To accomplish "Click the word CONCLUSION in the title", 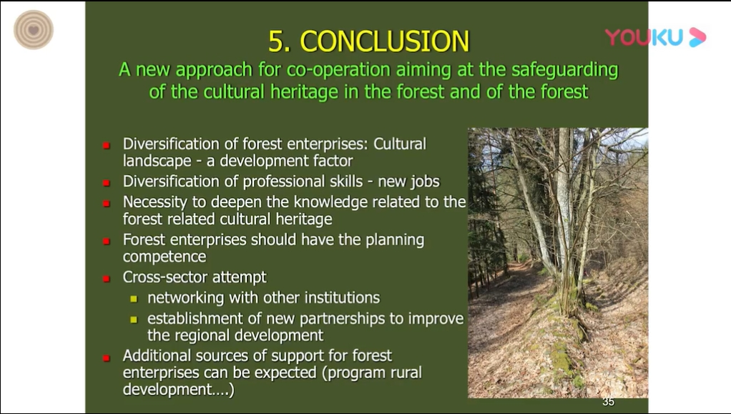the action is click(x=385, y=41).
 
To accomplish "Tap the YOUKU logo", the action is click(x=655, y=37).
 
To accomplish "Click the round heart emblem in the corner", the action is click(x=34, y=30).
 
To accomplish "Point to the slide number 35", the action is click(x=609, y=402).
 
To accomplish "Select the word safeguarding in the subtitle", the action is click(x=564, y=70).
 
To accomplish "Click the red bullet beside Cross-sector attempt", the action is click(x=107, y=279).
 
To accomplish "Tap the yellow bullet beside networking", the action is click(x=134, y=299).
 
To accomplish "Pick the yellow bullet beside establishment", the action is click(x=134, y=320).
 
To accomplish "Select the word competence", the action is click(x=165, y=257).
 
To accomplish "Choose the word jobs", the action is click(x=423, y=182).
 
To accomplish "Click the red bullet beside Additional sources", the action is click(x=107, y=358).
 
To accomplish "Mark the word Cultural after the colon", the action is click(x=400, y=144).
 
